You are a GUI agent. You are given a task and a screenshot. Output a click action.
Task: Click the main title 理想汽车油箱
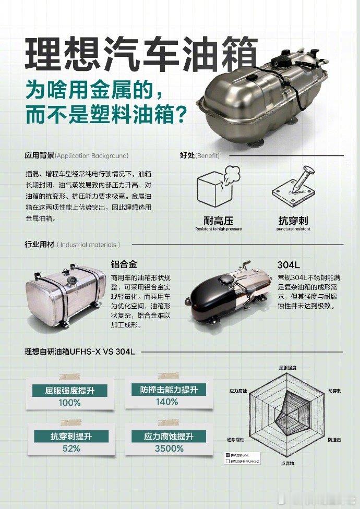coord(141,53)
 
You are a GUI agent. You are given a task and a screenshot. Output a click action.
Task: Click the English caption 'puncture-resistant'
coord(294,229)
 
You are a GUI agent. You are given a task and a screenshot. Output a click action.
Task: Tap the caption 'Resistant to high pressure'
coord(218,229)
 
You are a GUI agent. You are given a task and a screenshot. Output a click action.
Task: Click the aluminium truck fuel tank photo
coord(64,294)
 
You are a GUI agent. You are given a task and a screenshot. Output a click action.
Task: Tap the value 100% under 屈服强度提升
coord(69,403)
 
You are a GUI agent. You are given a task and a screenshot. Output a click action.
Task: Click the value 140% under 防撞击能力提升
coord(166,402)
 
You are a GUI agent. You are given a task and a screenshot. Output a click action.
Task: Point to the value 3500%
coord(169,449)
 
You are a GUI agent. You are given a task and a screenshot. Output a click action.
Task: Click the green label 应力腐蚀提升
coord(169,437)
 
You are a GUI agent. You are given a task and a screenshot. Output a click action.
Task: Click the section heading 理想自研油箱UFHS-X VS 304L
coord(80,352)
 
